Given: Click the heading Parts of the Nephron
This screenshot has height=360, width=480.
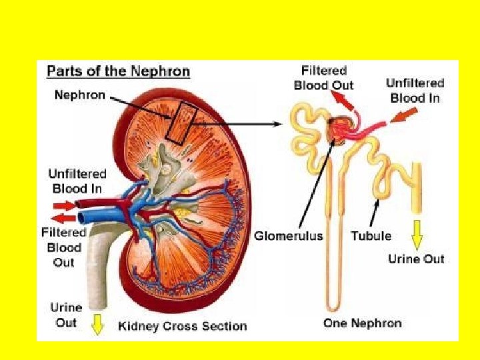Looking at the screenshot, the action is point(118,71).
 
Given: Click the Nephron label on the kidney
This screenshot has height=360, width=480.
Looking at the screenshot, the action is point(79,95).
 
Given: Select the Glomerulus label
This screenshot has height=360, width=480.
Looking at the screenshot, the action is point(289,235).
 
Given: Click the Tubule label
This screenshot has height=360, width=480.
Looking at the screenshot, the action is point(371,235).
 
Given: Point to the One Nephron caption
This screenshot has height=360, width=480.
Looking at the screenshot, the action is point(362,323).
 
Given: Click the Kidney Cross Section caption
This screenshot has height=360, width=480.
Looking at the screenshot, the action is point(182,326).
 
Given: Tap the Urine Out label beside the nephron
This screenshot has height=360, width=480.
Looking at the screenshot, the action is point(416,259).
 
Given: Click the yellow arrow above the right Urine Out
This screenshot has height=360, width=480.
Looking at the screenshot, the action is point(417,235).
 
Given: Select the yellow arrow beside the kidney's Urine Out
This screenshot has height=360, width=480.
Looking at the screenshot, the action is point(98,324).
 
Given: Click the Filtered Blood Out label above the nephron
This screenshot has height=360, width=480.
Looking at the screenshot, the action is point(323,77).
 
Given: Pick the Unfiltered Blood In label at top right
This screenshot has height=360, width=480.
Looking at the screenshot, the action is point(415,90).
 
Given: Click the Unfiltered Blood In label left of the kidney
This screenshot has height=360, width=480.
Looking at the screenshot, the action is point(77,181).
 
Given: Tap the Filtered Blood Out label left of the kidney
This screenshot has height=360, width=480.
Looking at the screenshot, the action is point(64,247).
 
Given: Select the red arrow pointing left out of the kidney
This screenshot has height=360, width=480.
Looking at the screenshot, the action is point(64,218).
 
